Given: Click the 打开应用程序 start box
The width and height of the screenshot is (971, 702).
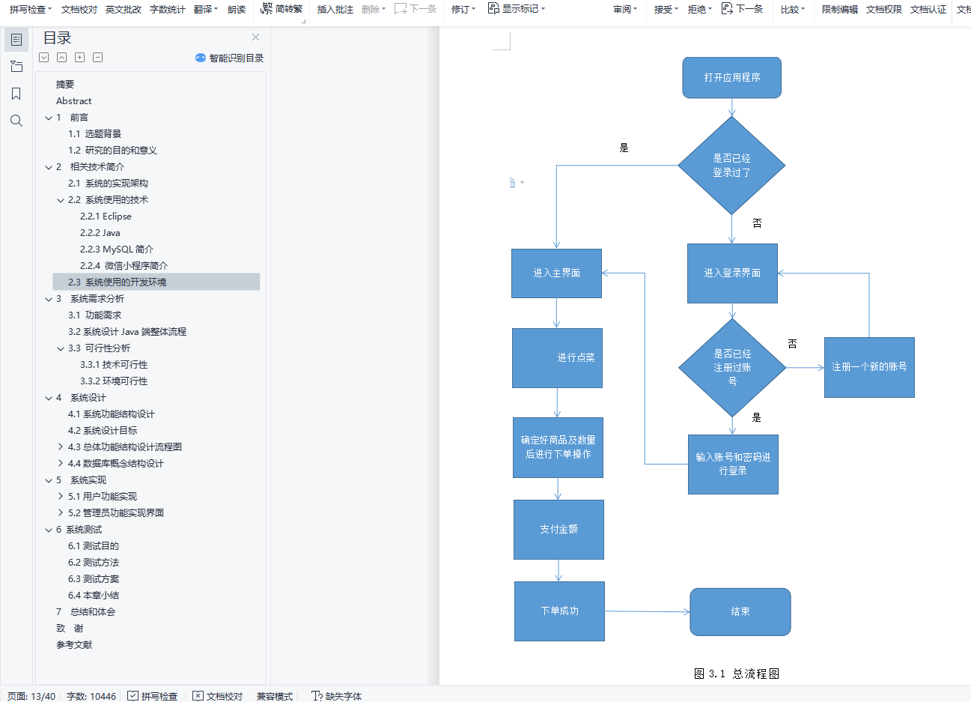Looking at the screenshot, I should [731, 78].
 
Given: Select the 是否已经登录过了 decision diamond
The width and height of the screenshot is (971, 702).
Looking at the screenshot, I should [731, 166].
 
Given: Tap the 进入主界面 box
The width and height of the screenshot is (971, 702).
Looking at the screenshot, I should [556, 273].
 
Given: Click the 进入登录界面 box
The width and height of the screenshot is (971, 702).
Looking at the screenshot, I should [732, 273].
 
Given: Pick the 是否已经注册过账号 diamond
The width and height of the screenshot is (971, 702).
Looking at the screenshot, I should [732, 367].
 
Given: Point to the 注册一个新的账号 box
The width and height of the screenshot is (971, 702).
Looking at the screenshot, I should [869, 367].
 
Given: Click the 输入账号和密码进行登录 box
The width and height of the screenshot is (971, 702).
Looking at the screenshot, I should [733, 464].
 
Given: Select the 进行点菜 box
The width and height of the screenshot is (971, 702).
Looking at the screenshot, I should [557, 358].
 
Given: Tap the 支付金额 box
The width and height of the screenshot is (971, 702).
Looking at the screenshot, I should [558, 529].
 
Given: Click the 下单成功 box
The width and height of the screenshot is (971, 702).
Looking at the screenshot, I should [559, 611].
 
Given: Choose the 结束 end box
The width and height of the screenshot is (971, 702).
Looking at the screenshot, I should [740, 612].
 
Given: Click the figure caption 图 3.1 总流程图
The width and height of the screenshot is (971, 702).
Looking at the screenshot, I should [737, 674].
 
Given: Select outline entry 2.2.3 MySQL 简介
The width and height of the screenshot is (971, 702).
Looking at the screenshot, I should [117, 249].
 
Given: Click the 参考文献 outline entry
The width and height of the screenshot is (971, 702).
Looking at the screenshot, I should [74, 645].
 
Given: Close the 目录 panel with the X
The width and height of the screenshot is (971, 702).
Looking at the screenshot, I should [255, 37].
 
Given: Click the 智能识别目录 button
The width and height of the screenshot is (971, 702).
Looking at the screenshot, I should [230, 58].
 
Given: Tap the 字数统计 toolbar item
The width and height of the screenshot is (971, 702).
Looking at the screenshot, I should [168, 9].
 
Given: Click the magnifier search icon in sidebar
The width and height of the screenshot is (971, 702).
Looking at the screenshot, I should [16, 121].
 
